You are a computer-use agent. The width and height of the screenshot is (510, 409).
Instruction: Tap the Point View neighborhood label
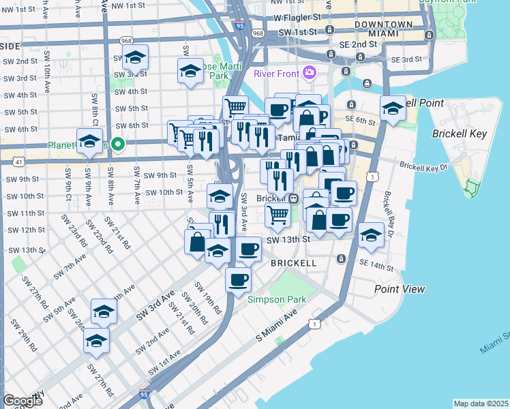(400, 289)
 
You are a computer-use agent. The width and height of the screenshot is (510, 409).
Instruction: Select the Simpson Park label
(272, 299)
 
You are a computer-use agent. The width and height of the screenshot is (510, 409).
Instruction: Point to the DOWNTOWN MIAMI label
(383, 29)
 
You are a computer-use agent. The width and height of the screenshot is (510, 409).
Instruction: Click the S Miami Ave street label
(277, 327)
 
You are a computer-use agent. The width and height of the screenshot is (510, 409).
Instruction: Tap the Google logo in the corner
(22, 400)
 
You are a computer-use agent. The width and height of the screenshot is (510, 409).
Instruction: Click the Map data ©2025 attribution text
(481, 404)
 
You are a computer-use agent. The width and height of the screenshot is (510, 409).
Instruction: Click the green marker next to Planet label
(118, 144)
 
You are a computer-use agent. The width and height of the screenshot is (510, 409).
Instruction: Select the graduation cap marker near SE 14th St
(370, 234)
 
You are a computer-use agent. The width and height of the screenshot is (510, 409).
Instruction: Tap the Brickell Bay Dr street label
(389, 213)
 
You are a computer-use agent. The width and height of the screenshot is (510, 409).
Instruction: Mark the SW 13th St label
(288, 239)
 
